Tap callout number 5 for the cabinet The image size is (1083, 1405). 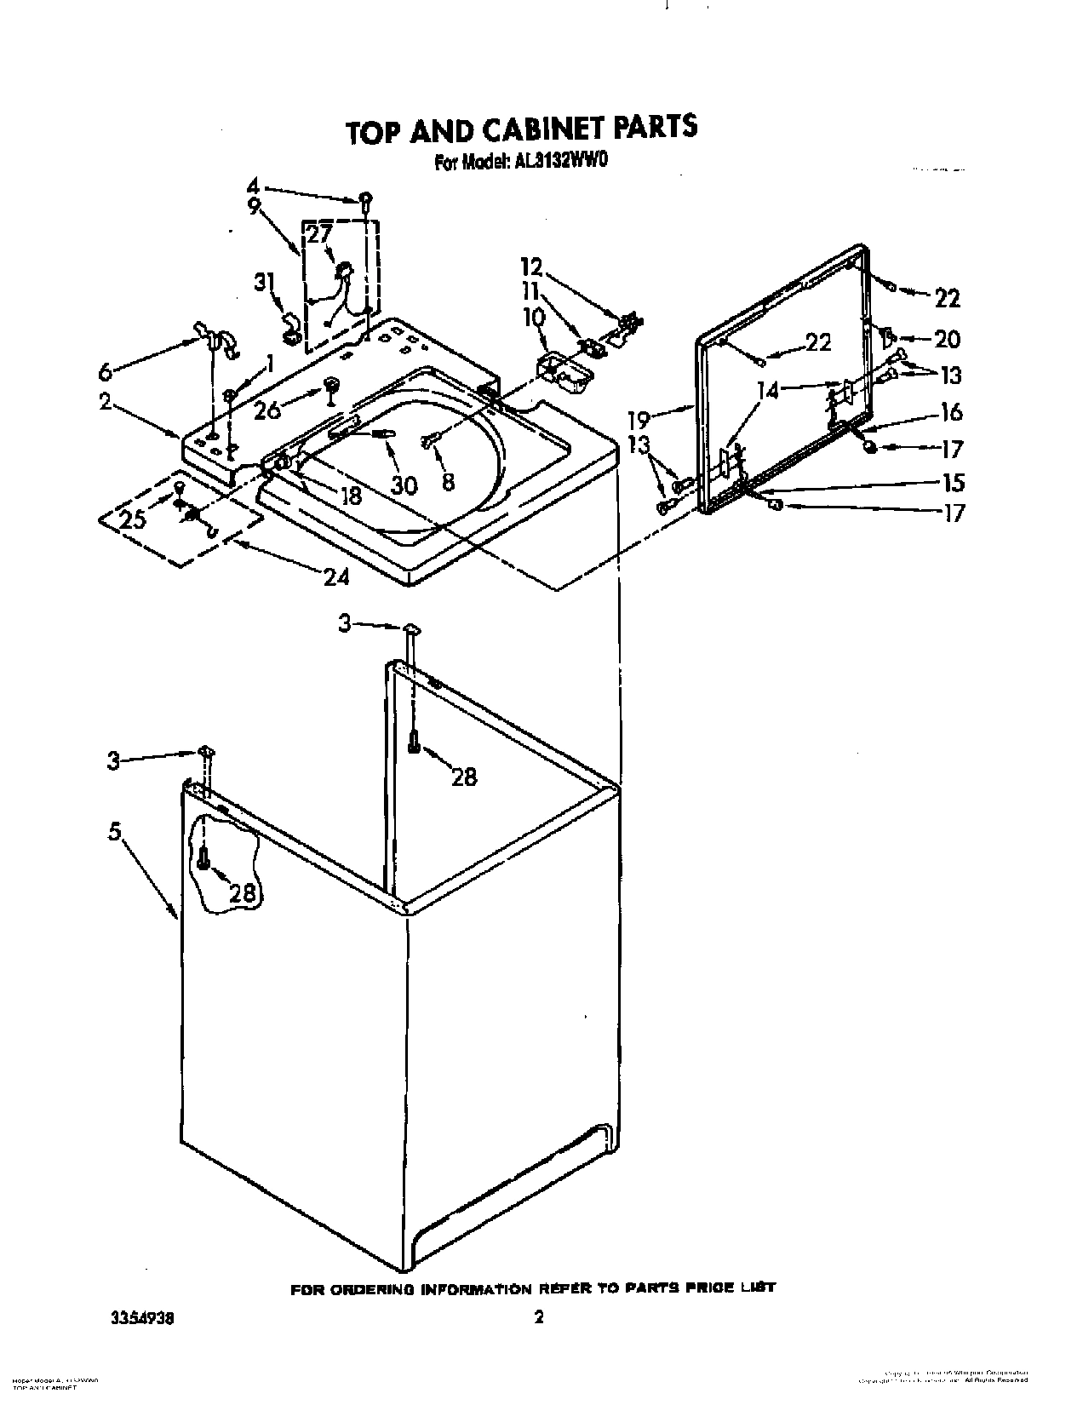click(115, 832)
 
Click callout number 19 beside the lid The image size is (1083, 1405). click(639, 419)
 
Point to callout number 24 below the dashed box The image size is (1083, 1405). click(336, 576)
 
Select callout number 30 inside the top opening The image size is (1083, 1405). click(404, 485)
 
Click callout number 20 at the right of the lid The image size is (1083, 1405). click(947, 339)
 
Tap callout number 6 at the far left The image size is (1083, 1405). click(106, 371)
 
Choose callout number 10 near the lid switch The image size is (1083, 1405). click(533, 318)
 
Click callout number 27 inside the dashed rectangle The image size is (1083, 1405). click(319, 235)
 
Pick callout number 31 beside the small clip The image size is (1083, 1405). click(266, 281)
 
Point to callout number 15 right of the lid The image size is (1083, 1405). click(954, 483)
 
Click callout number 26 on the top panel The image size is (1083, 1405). click(266, 410)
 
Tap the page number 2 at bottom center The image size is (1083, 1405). click(538, 1317)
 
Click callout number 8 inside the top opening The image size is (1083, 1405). click(448, 481)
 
